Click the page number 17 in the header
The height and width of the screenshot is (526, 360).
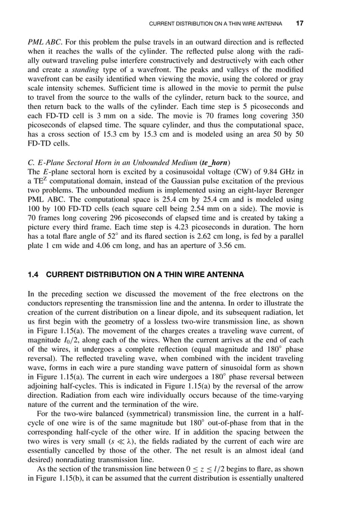point(300,24)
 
